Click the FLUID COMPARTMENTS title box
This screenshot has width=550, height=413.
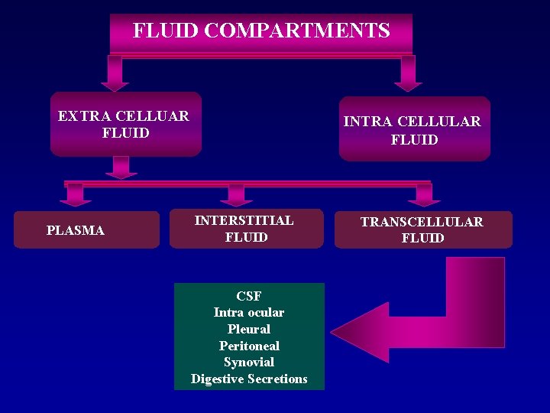tap(261, 32)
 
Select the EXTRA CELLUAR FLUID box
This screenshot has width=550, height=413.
tap(125, 124)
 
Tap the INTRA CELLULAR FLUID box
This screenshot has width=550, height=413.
tap(414, 129)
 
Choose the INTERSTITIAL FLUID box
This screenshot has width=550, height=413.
tap(246, 229)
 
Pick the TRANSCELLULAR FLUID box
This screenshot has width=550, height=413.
tap(422, 229)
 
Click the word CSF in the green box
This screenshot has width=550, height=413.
tap(249, 296)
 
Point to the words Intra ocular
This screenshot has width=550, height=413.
tap(249, 312)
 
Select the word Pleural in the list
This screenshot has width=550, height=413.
tap(249, 329)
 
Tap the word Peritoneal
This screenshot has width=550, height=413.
tap(249, 346)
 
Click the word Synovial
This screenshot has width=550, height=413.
tap(249, 362)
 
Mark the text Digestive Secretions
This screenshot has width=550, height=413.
tap(249, 379)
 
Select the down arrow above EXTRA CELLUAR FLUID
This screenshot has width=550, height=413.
tap(115, 74)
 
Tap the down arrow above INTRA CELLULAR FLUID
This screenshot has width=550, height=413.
tap(408, 74)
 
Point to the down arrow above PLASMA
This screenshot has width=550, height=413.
tap(75, 196)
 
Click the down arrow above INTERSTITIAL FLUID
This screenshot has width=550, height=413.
tap(236, 196)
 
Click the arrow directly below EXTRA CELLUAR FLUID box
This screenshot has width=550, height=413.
tap(121, 167)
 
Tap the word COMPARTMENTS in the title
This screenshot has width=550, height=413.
tap(297, 31)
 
